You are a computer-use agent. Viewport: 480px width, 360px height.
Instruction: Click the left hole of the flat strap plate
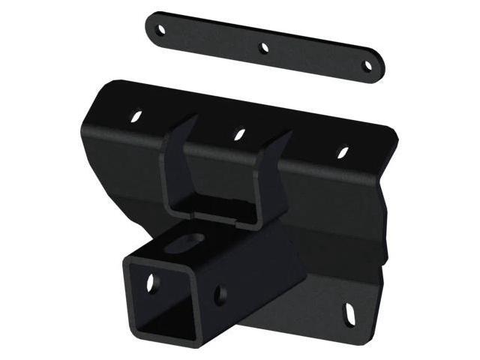[x=160, y=30]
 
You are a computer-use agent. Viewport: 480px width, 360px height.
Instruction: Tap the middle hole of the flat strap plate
[x=264, y=48]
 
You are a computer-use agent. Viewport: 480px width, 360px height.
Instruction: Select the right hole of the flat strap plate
[x=367, y=66]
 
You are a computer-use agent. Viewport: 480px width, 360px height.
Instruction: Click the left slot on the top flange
[x=136, y=116]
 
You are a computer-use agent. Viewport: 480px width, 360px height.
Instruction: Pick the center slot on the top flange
[x=239, y=134]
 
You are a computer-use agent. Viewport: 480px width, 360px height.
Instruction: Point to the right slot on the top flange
[x=343, y=152]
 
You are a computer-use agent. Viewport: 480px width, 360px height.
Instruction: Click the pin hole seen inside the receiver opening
[x=152, y=284]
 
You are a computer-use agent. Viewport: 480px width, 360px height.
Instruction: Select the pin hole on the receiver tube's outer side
[x=220, y=295]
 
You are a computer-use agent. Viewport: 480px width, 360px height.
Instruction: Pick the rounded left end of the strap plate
[x=151, y=27]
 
